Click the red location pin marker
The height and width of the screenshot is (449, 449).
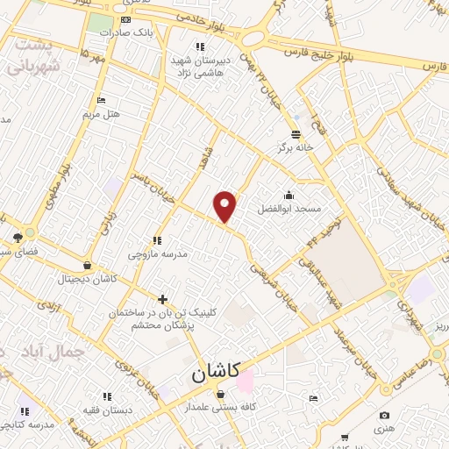pyautogui.click(x=225, y=206)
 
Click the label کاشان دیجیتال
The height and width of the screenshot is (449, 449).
pyautogui.click(x=86, y=280)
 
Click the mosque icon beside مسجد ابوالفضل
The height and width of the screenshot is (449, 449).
pyautogui.click(x=289, y=196)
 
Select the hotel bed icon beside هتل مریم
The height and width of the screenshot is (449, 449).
pyautogui.click(x=102, y=100)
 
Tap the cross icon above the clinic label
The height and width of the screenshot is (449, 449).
pyautogui.click(x=161, y=299)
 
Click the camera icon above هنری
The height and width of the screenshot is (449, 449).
pyautogui.click(x=383, y=415)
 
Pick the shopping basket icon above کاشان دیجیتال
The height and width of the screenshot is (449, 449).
pyautogui.click(x=86, y=266)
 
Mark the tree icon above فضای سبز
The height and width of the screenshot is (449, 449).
pyautogui.click(x=18, y=237)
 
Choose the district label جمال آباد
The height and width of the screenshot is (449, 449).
pyautogui.click(x=55, y=353)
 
